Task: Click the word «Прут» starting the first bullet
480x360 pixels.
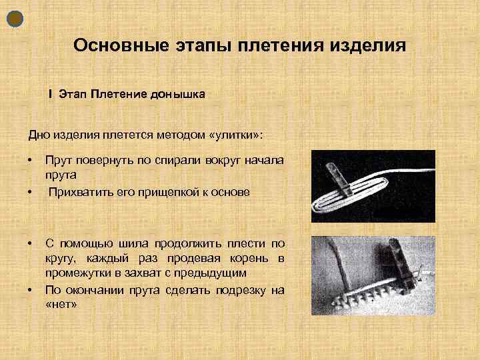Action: (x=58, y=161)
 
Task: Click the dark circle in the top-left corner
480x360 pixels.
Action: (x=15, y=19)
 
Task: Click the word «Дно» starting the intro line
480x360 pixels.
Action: (x=38, y=135)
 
